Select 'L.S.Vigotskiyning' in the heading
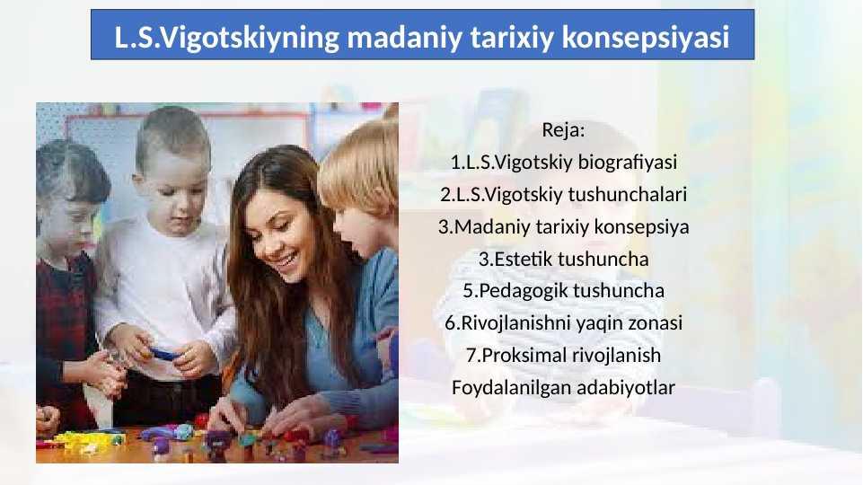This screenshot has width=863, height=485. [227, 38]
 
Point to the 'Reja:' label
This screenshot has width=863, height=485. [563, 130]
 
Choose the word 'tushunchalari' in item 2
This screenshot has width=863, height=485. [628, 194]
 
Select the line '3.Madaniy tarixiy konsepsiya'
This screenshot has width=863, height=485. [564, 227]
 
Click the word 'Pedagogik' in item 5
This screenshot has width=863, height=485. [521, 291]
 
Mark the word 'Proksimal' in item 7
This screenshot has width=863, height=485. [524, 355]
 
